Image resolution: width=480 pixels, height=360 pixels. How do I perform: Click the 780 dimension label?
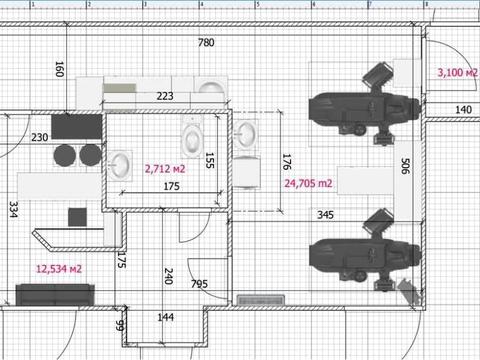(206, 43)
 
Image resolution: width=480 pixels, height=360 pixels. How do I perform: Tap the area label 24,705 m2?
(308, 183)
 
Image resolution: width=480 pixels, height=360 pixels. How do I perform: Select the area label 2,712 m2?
(165, 169)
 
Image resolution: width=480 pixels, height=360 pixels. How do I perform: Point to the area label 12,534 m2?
(59, 269)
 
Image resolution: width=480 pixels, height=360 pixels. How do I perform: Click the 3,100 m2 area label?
(458, 72)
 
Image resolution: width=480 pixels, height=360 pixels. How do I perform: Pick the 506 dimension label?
(405, 166)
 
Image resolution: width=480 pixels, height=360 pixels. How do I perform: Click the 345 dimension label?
(325, 215)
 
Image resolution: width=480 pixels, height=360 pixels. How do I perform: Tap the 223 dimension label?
(165, 96)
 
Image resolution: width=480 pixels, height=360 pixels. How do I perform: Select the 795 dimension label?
(199, 284)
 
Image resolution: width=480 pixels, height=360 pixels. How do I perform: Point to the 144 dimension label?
(166, 317)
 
